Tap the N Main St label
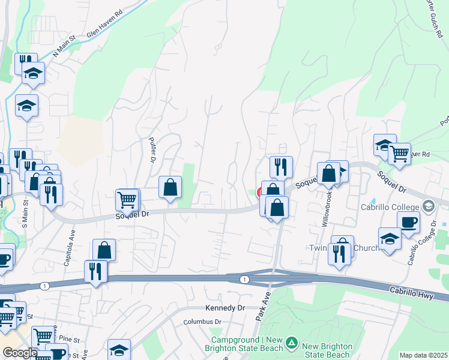(64, 47)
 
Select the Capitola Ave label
(72, 245)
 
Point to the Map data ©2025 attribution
(423, 355)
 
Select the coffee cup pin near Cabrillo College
(408, 221)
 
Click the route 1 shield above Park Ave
(244, 280)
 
